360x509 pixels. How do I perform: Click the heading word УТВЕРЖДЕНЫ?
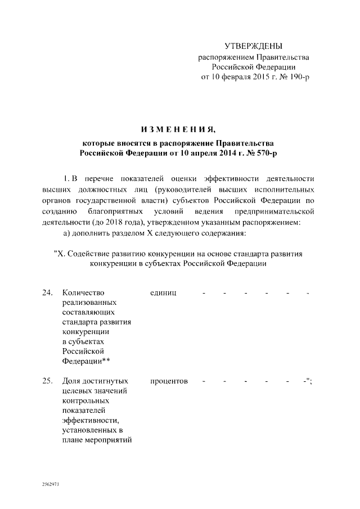(253, 46)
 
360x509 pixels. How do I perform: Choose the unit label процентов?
(169, 381)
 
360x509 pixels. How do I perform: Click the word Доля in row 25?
(71, 381)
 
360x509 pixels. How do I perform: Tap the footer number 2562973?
(51, 484)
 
